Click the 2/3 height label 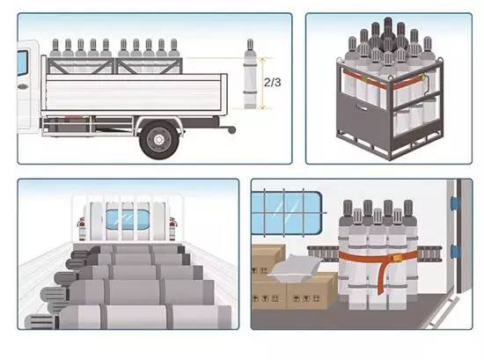[x=272, y=82]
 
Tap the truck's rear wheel [x=159, y=140]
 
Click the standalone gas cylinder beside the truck [x=250, y=74]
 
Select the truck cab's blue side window [x=22, y=63]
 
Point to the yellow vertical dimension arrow [x=263, y=83]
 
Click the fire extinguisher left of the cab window [x=82, y=229]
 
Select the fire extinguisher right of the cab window [x=172, y=229]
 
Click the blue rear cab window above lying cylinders [x=128, y=219]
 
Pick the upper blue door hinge [x=455, y=203]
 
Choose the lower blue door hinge [x=455, y=252]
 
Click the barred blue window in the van [x=287, y=213]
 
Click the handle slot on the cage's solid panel [x=362, y=107]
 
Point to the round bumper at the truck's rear [x=231, y=130]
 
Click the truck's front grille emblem [x=22, y=87]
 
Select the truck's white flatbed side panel [x=134, y=92]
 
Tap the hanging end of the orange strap [x=383, y=278]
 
